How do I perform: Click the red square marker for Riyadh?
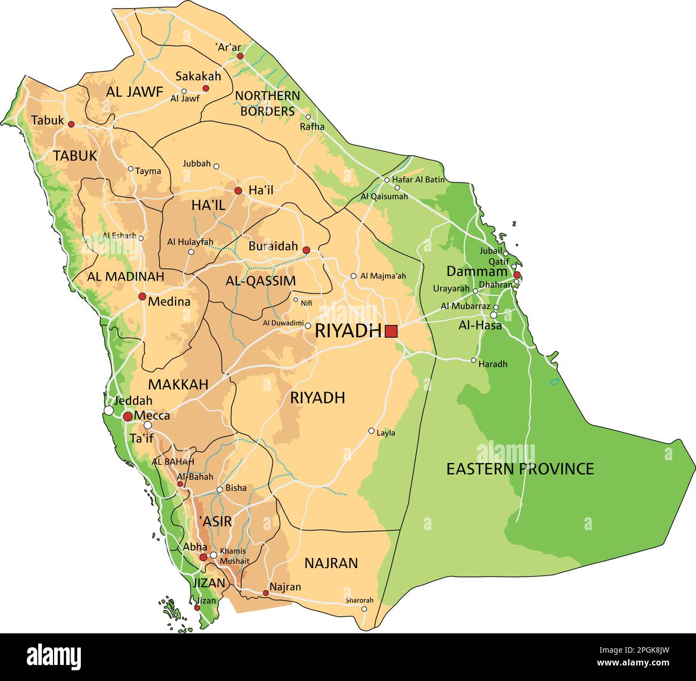[x=391, y=331]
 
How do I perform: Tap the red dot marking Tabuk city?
[x=71, y=124]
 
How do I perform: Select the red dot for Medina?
[x=142, y=296]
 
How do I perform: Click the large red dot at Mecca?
[x=128, y=417]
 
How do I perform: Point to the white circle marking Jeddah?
[x=109, y=410]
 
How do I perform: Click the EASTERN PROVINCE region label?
[x=520, y=469]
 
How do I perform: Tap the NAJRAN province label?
[x=331, y=563]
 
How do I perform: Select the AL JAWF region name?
[x=134, y=92]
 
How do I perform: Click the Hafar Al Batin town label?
[x=418, y=180]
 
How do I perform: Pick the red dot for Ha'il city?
[x=238, y=191]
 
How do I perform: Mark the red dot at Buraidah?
[x=306, y=250]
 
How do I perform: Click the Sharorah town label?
[x=359, y=600]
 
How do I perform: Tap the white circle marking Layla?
[x=372, y=431]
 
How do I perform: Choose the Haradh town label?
[x=493, y=364]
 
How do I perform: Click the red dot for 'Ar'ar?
[x=240, y=56]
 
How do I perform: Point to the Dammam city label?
[x=477, y=271]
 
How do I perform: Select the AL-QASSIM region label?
[x=260, y=281]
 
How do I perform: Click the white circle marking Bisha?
[x=220, y=489]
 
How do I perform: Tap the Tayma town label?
[x=148, y=171]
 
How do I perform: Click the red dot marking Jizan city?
[x=197, y=608]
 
